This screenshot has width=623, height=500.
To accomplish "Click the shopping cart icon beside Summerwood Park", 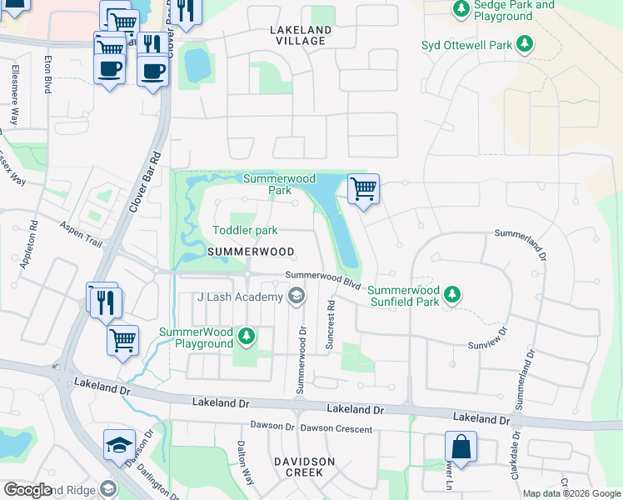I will (363, 188).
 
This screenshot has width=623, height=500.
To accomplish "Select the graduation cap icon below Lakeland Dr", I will (119, 446).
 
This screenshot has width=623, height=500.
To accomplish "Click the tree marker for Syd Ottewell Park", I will (524, 44).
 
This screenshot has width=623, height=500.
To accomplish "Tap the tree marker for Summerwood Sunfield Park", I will (451, 294).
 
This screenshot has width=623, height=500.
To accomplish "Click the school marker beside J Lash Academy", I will (296, 296).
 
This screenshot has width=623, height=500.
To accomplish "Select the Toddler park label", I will (245, 230).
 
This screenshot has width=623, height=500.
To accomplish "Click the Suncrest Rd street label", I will (331, 325).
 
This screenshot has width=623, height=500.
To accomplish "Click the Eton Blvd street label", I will (48, 73).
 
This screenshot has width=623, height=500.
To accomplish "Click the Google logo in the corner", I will (27, 490).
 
